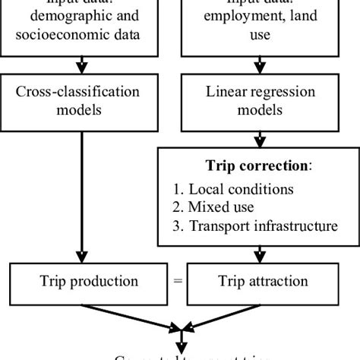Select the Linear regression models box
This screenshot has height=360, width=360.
coord(259,102)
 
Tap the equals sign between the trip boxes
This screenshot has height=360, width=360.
coord(178,282)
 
